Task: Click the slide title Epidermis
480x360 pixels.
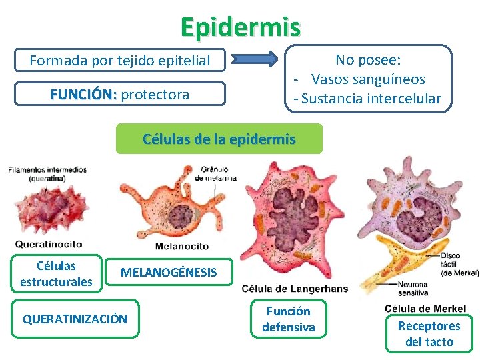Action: (x=240, y=27)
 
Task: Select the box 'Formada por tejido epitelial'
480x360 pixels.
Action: (x=120, y=61)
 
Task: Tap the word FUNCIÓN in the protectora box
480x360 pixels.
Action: (x=83, y=95)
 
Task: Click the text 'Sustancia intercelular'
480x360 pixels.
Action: (x=371, y=99)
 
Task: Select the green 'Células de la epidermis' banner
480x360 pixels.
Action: (x=219, y=139)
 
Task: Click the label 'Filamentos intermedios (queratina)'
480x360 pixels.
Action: (x=47, y=174)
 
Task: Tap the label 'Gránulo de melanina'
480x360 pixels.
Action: (x=215, y=173)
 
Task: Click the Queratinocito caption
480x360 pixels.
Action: (x=49, y=244)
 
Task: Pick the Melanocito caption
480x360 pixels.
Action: (x=181, y=247)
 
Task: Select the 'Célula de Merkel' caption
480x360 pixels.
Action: (x=425, y=309)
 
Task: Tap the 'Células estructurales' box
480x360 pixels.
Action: (x=56, y=274)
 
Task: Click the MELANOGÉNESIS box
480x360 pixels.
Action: (x=168, y=273)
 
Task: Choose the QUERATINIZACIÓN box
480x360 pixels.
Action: (x=75, y=319)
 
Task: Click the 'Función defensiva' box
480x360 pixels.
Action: (x=288, y=319)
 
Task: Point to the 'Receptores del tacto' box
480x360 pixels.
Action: (x=429, y=334)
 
